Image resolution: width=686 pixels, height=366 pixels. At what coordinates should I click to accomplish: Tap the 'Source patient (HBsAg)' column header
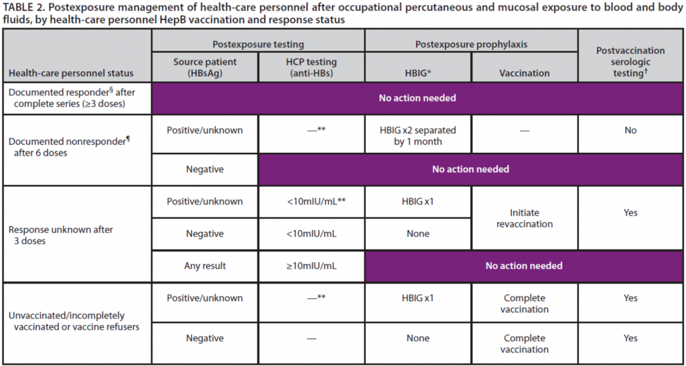205,68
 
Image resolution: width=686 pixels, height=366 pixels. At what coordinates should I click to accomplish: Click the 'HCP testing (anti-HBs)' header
312,68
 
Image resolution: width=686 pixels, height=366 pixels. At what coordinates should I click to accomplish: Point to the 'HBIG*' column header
418,73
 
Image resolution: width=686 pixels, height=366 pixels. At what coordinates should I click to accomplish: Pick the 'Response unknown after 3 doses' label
56,235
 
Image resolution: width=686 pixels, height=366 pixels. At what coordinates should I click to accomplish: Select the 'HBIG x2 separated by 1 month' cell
418,135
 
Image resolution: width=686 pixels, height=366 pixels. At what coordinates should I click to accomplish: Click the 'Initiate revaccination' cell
524,218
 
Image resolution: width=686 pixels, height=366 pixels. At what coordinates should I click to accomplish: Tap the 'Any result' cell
205,265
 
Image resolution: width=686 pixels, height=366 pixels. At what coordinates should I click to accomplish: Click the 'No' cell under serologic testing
630,131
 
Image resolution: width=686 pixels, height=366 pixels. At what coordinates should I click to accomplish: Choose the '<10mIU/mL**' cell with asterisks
312,201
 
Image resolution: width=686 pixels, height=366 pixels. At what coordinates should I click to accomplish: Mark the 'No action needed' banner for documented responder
417,98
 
